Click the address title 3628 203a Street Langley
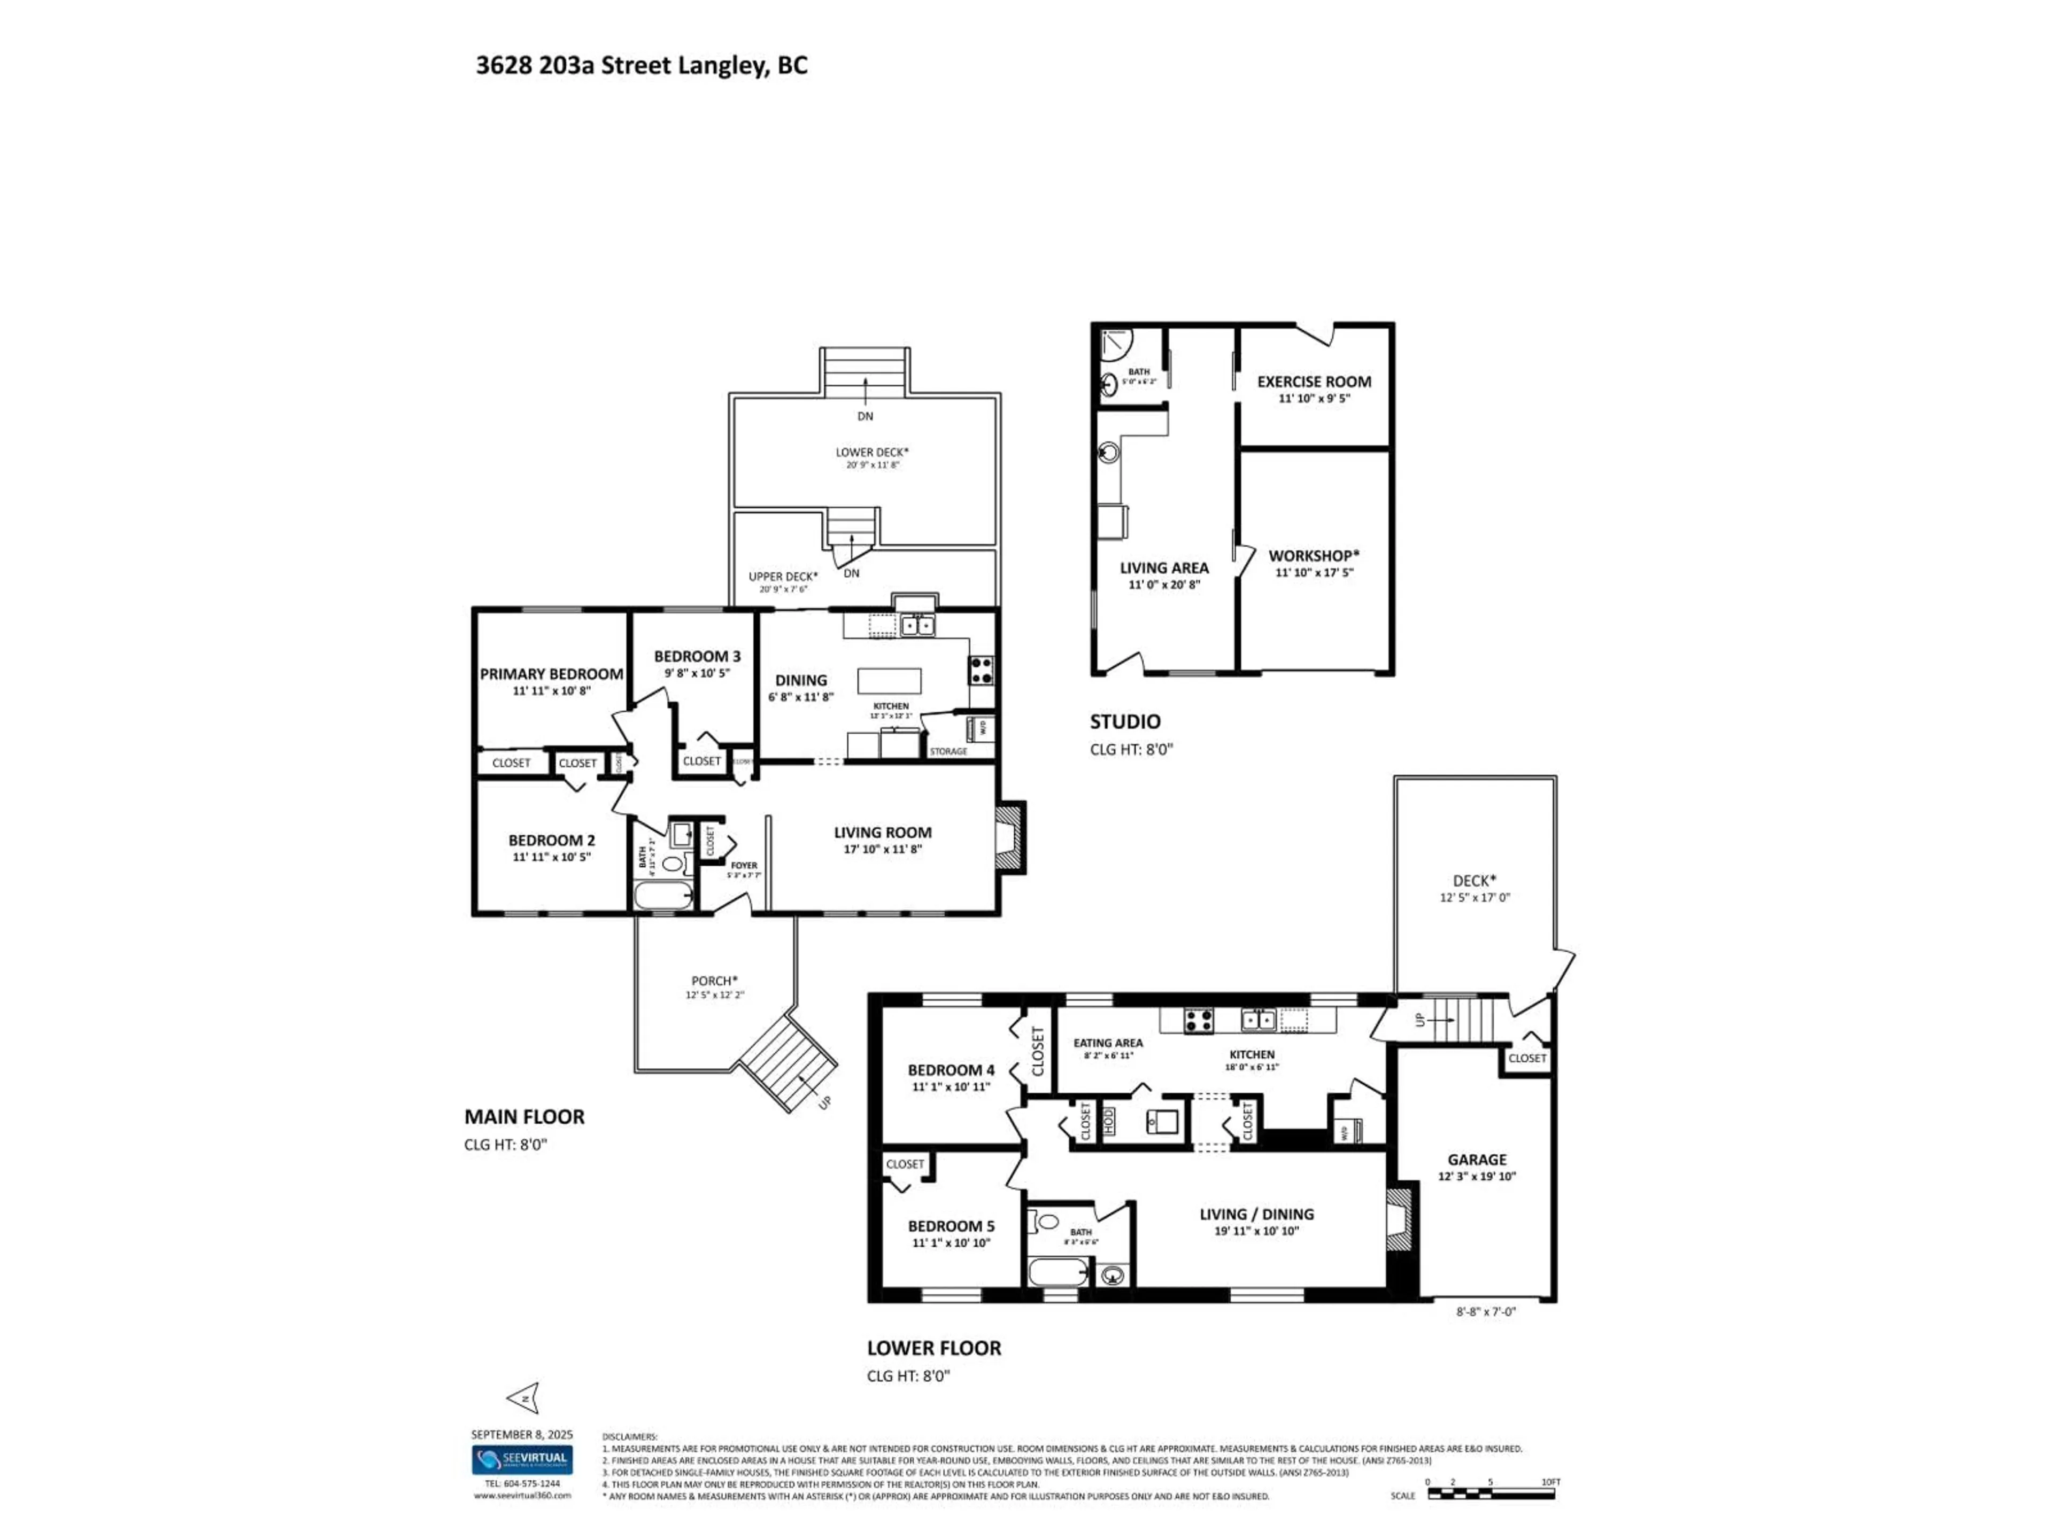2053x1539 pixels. point(642,66)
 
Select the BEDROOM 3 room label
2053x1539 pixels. point(697,656)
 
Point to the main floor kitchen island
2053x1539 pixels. point(889,681)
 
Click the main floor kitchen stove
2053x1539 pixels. point(981,670)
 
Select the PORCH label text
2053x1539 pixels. point(714,981)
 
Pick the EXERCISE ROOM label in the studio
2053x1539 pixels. point(1313,381)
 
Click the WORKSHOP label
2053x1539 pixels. point(1313,556)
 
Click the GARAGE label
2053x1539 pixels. point(1477,1160)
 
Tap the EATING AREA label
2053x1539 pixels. point(1108,1043)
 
